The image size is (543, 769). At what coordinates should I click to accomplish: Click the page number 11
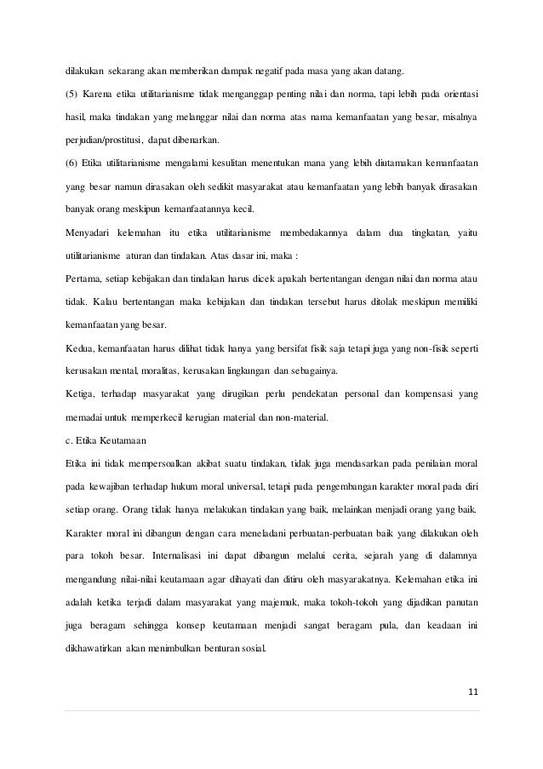tap(472, 690)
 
